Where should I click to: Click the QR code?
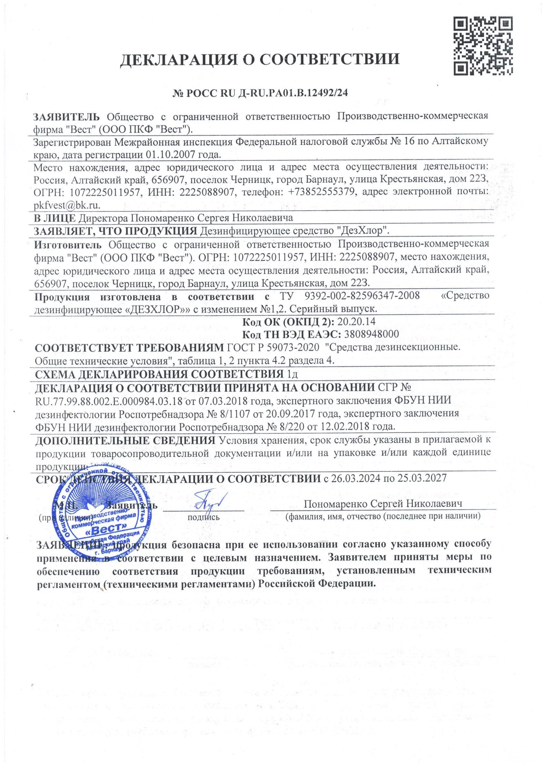click(x=483, y=46)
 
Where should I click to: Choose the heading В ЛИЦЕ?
click(x=55, y=218)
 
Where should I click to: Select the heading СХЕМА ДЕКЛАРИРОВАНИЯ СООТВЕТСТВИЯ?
click(x=159, y=374)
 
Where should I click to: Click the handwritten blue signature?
click(x=206, y=501)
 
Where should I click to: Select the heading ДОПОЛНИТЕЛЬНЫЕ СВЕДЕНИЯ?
click(x=125, y=440)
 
